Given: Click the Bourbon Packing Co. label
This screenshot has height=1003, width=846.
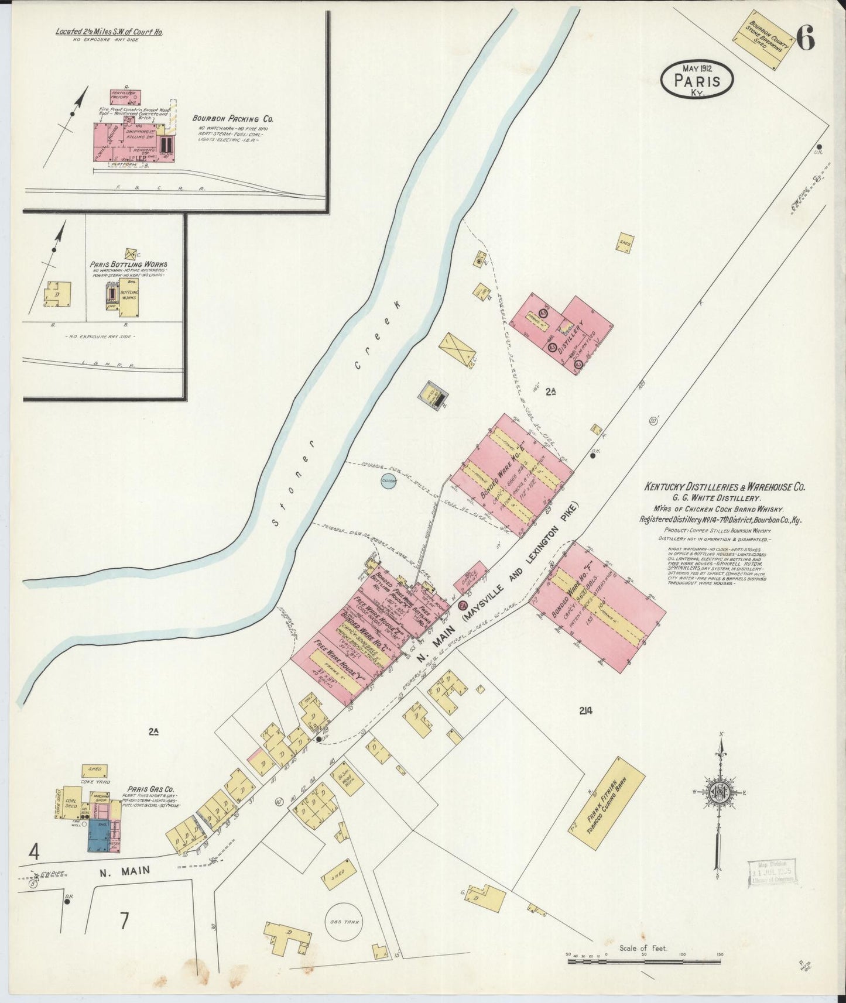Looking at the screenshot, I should point(233,118).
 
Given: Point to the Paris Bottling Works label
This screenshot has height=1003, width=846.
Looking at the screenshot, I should point(128,265).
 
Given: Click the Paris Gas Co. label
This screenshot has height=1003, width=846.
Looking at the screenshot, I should point(143,789).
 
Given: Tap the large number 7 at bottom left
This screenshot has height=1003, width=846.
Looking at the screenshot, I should point(124,920).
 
